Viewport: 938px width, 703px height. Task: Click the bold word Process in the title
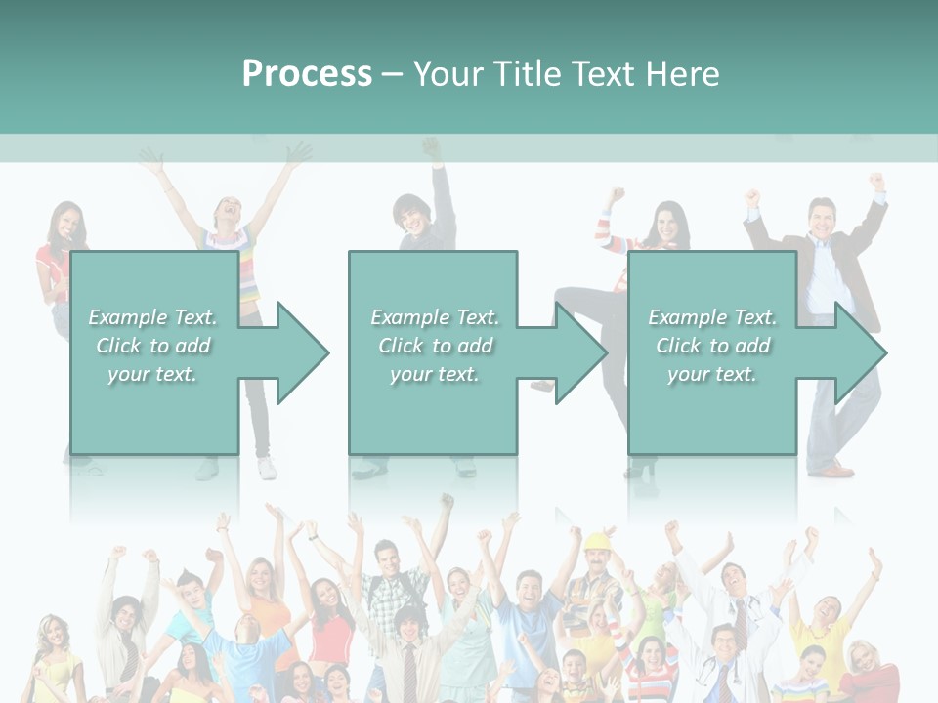[307, 73]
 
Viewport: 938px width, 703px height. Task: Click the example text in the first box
[152, 346]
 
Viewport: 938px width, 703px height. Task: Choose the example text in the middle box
[434, 346]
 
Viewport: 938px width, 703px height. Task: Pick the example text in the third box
[711, 346]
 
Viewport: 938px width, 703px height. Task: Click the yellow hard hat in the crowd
[597, 540]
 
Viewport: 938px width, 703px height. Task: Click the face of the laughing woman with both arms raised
[229, 210]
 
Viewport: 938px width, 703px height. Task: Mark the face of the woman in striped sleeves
[669, 223]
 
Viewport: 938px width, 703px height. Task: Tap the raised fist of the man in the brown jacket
[876, 182]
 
